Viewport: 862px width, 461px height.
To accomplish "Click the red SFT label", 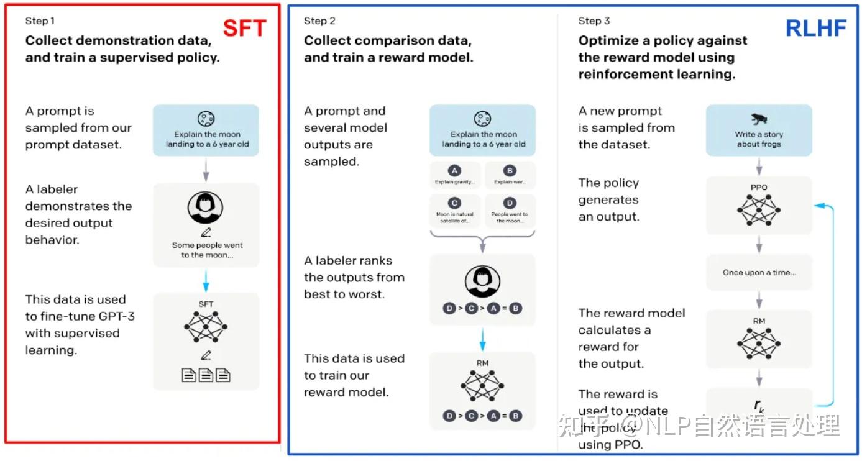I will pyautogui.click(x=245, y=28).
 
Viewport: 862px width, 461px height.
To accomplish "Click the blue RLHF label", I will pyautogui.click(x=816, y=28).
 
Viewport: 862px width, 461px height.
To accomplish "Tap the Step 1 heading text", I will pyautogui.click(x=40, y=21).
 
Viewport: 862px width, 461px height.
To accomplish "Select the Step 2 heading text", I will pyautogui.click(x=319, y=21).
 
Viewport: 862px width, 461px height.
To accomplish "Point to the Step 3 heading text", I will pyautogui.click(x=594, y=21).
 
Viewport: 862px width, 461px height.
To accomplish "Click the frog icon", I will pyautogui.click(x=758, y=119).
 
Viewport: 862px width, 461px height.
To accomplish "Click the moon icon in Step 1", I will pyautogui.click(x=206, y=119).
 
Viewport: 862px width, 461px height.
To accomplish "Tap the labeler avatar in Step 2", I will pyautogui.click(x=482, y=283).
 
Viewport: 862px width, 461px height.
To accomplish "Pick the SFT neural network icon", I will pyautogui.click(x=206, y=327).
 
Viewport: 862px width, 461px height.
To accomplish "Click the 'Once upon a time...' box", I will pyautogui.click(x=759, y=272).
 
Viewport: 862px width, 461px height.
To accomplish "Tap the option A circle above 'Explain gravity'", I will pyautogui.click(x=454, y=171).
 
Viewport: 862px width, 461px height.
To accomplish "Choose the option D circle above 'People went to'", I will pyautogui.click(x=510, y=203).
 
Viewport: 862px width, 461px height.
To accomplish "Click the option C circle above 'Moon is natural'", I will pyautogui.click(x=454, y=203).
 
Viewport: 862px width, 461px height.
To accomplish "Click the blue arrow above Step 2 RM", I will pyautogui.click(x=482, y=339).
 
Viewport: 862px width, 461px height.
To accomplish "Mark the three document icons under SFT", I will pyautogui.click(x=206, y=375).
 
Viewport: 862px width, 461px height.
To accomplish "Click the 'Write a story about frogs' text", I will pyautogui.click(x=759, y=139).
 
